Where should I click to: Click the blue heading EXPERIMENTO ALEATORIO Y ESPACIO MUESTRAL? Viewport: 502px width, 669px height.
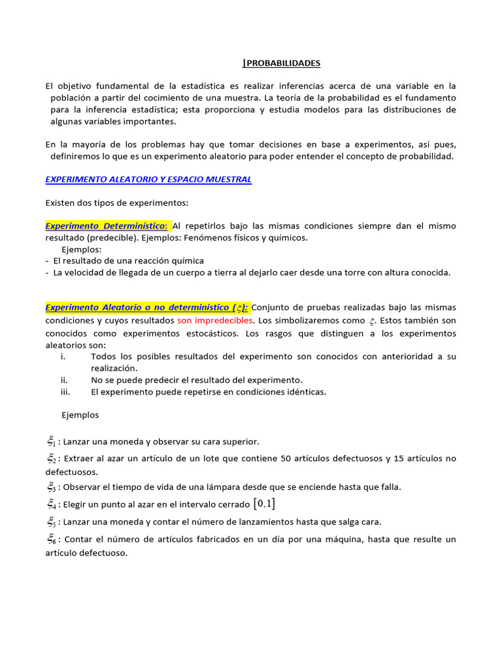148,180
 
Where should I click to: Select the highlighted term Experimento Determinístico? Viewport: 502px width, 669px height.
107,225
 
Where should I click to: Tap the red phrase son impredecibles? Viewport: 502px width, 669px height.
214,321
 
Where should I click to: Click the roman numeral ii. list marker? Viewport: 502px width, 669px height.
64,380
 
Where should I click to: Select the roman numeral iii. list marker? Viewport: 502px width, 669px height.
65,392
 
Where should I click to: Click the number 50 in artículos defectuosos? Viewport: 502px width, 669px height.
286,459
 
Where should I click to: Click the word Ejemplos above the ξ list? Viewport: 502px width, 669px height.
80,415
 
